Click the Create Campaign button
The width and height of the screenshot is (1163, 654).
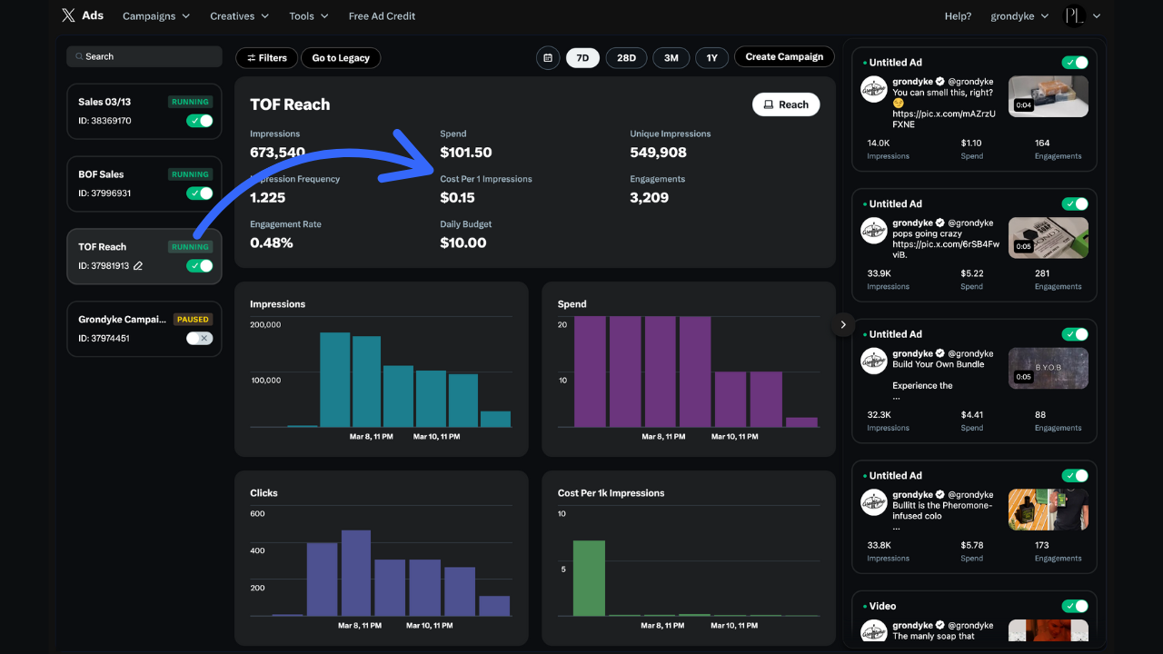(784, 56)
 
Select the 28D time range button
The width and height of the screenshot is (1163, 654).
(626, 57)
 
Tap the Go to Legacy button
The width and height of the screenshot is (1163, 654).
(341, 58)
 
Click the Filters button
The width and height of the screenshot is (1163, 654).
(266, 58)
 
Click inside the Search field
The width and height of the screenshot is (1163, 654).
(145, 56)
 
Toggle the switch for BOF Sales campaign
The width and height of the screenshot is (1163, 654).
(199, 193)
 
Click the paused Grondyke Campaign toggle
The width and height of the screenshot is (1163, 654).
(199, 338)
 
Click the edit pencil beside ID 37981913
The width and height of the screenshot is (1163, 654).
(138, 266)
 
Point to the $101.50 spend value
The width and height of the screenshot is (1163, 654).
(465, 153)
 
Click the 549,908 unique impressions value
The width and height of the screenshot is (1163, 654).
(658, 153)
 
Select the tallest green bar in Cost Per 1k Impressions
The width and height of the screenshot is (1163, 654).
(589, 578)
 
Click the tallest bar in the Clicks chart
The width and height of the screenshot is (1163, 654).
(355, 572)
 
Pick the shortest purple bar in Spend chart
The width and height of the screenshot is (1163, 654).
(801, 422)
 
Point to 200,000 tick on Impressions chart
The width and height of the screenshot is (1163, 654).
(266, 324)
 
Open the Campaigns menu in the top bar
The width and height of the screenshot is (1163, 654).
(155, 16)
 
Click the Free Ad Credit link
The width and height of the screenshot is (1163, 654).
(382, 16)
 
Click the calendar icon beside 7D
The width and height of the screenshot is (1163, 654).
(548, 58)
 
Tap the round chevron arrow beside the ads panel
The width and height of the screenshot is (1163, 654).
(843, 324)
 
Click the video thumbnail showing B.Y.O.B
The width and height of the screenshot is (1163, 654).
(1048, 368)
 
